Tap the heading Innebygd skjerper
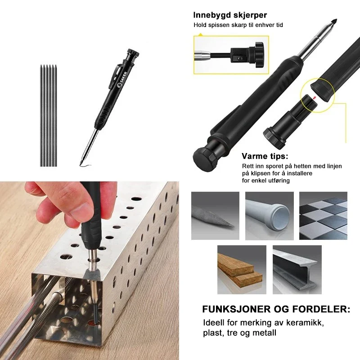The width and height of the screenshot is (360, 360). pyautogui.click(x=230, y=15)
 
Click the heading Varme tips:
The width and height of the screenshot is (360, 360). pyautogui.click(x=265, y=156)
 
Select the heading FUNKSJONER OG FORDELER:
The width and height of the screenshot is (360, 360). pyautogui.click(x=276, y=309)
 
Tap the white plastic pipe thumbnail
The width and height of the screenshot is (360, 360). pyautogui.click(x=269, y=216)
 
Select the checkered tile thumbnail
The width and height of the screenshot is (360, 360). pyautogui.click(x=323, y=216)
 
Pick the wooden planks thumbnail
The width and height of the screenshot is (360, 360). pyautogui.click(x=242, y=270)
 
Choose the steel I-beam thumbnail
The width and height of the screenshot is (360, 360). pyautogui.click(x=297, y=270)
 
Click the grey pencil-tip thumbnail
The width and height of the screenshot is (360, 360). pyautogui.click(x=215, y=216)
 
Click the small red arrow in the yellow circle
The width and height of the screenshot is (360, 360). pyautogui.click(x=314, y=98)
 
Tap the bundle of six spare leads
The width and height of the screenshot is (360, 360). pyautogui.click(x=48, y=116)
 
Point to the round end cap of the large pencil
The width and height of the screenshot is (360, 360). pyautogui.click(x=205, y=158)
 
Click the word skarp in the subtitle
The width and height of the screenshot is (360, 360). pyautogui.click(x=238, y=25)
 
